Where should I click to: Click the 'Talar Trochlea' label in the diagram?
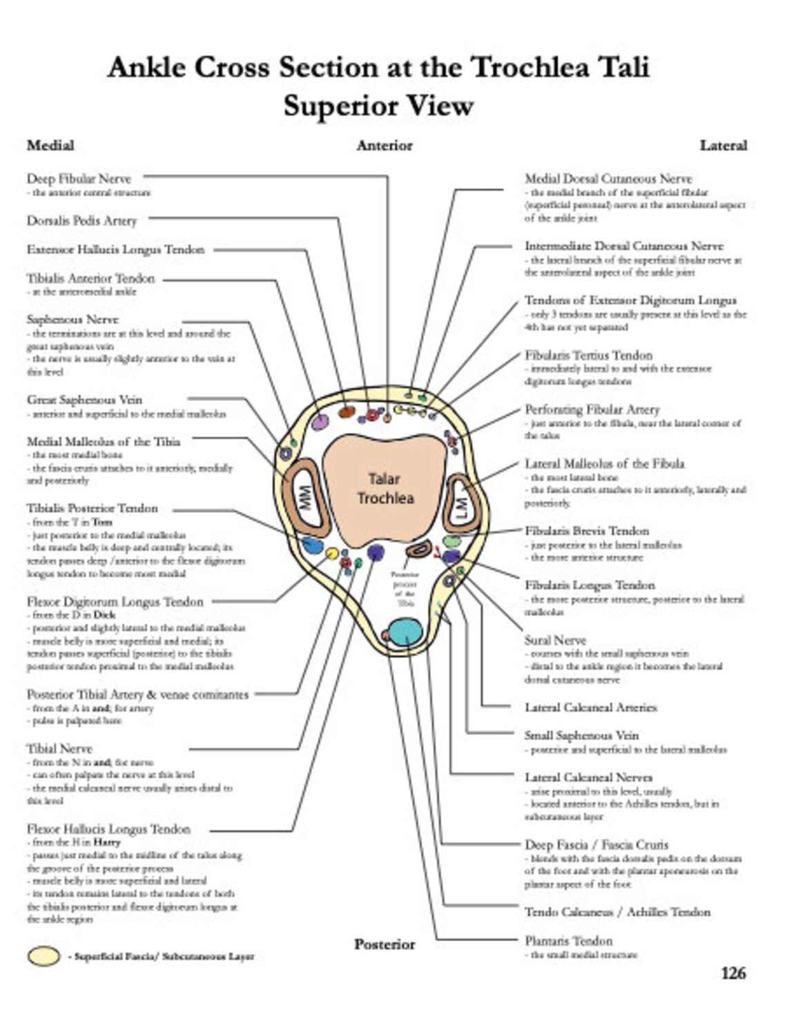point(385,488)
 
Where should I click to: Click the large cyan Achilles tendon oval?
point(405,632)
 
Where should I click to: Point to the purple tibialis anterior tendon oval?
point(320,422)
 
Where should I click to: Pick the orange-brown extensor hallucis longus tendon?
point(347,412)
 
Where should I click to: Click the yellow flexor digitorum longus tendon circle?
point(332,553)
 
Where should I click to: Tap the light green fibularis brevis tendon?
point(451,541)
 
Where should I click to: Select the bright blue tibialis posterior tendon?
point(313,545)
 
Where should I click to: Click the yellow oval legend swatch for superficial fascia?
point(43,956)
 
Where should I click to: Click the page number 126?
point(733,973)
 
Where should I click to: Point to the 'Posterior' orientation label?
point(385,944)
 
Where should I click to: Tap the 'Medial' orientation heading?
point(50,145)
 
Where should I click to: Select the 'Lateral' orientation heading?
point(723,145)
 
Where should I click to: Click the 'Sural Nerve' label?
point(555,640)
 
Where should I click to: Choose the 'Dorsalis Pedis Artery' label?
point(81,221)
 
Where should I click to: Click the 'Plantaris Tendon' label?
point(568,940)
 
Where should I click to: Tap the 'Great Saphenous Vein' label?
point(84,400)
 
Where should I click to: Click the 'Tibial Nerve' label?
point(59,748)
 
